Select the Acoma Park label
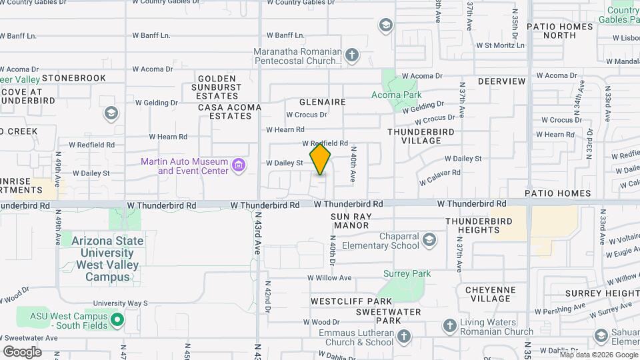(396, 95)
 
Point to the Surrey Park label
(407, 273)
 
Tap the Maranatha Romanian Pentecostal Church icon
(353, 55)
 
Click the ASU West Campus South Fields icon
(117, 320)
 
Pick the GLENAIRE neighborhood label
(322, 102)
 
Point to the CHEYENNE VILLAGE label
(490, 294)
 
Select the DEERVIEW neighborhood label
(501, 81)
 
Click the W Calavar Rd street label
(439, 177)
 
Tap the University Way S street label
(119, 303)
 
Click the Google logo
(22, 351)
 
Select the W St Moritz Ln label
(500, 45)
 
